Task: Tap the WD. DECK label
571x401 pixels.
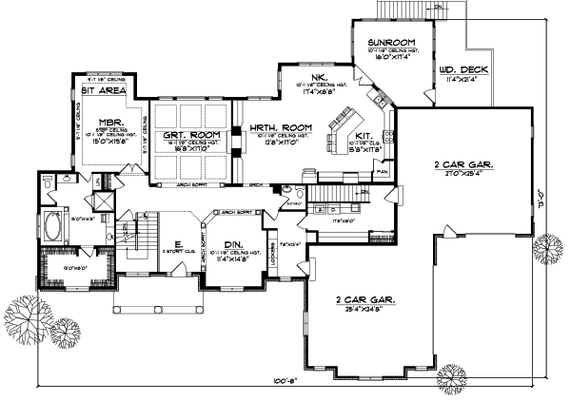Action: point(459,69)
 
